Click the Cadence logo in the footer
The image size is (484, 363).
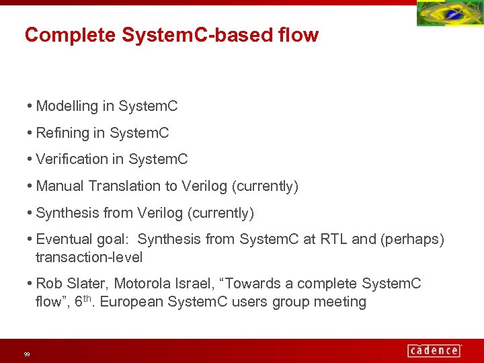point(434,350)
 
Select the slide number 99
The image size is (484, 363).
point(27,354)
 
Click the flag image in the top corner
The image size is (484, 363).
point(450,13)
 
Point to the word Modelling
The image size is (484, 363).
point(67,106)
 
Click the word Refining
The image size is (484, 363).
point(63,133)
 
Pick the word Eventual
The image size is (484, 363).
point(63,239)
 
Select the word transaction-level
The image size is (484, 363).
point(89,257)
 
